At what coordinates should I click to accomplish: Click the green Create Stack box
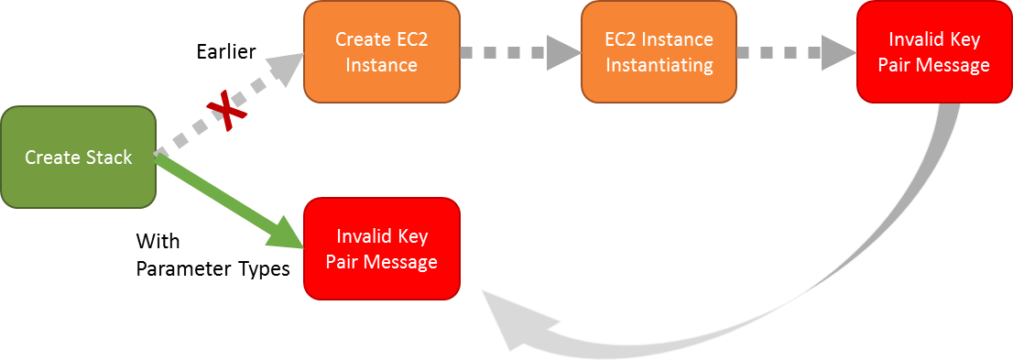click(78, 157)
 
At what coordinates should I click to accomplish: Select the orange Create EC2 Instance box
click(382, 51)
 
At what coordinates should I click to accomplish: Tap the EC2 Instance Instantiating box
click(659, 51)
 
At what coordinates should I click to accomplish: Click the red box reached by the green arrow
click(382, 248)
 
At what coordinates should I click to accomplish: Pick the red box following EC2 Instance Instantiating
click(933, 51)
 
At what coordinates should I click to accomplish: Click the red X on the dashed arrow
click(226, 111)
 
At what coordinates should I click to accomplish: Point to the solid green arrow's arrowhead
click(286, 235)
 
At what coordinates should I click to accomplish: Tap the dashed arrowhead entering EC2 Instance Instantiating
click(561, 51)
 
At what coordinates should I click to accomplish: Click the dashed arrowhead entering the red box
click(837, 51)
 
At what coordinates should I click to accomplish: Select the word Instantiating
click(659, 65)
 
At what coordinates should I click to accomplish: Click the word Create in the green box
click(53, 158)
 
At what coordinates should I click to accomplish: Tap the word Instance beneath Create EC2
click(382, 65)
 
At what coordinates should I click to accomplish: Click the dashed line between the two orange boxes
click(504, 51)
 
